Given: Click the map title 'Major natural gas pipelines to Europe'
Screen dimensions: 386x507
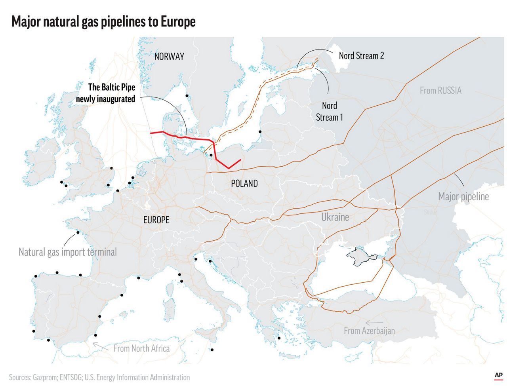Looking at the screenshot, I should click(x=103, y=21).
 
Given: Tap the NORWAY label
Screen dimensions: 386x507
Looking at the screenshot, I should click(x=169, y=57).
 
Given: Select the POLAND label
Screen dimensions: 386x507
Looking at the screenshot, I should click(x=244, y=183).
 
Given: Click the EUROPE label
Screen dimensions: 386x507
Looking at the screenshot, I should click(x=156, y=220).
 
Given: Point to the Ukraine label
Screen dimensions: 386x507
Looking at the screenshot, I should click(x=335, y=217).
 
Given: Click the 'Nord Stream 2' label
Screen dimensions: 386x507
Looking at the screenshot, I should click(x=361, y=56).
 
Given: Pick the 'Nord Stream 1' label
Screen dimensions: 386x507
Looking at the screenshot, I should click(x=329, y=111).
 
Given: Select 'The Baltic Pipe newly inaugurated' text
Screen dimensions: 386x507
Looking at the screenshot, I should click(x=106, y=93).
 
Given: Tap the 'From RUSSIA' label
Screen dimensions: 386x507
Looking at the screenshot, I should click(x=440, y=91).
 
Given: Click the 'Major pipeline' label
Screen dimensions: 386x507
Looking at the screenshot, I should click(x=463, y=196).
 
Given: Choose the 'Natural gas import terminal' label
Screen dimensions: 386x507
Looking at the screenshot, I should click(x=68, y=252).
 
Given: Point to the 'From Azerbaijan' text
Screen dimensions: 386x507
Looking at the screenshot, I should click(x=369, y=331).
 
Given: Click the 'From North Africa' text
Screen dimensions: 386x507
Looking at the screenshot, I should click(x=141, y=348).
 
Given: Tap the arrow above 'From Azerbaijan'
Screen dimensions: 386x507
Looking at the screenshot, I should click(x=374, y=323).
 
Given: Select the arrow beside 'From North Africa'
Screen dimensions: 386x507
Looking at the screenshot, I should click(x=101, y=346).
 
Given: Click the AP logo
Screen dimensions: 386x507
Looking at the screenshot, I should click(x=498, y=375).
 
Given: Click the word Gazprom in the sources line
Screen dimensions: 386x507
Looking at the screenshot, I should click(x=44, y=377).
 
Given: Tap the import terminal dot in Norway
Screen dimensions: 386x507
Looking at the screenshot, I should click(x=187, y=96).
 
